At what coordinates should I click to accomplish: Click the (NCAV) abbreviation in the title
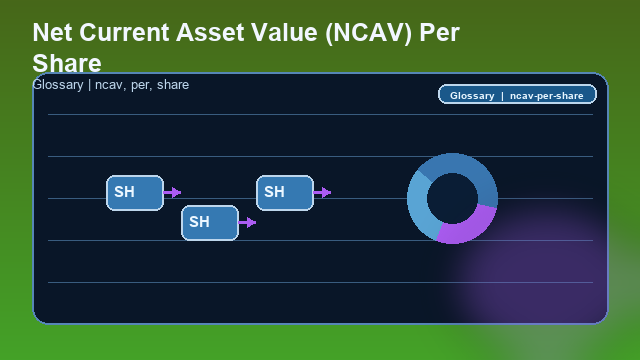(x=367, y=32)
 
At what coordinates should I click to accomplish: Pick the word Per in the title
(x=439, y=32)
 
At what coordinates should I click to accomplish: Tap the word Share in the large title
(x=66, y=63)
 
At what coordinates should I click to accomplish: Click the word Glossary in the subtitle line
(x=57, y=85)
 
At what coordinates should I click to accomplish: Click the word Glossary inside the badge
(x=472, y=96)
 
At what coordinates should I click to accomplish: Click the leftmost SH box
(x=134, y=192)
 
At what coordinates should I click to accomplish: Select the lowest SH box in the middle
(x=209, y=222)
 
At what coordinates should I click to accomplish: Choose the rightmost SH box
(x=284, y=192)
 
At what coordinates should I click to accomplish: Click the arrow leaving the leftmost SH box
(x=172, y=192)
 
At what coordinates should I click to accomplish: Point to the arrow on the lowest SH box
(x=247, y=222)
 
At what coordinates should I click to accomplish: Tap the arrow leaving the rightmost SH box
(x=322, y=192)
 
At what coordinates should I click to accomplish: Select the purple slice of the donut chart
(x=468, y=227)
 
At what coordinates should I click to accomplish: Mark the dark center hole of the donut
(x=452, y=197)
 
